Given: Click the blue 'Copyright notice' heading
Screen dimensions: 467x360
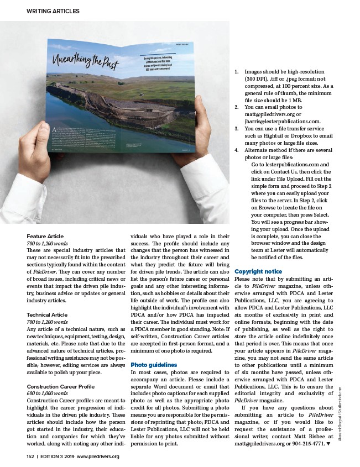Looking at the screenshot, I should pyautogui.click(x=259, y=271).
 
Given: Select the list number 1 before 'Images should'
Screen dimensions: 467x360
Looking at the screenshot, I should pyautogui.click(x=237, y=72).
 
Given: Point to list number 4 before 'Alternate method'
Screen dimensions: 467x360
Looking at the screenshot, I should pyautogui.click(x=237, y=150).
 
